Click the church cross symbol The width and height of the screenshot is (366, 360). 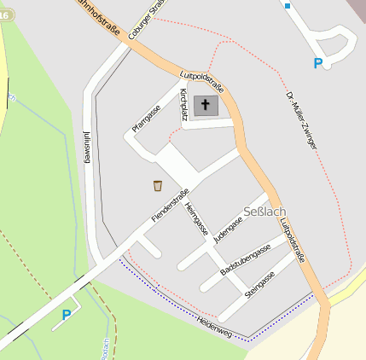point(205,106)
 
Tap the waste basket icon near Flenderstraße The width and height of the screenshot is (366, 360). point(158,185)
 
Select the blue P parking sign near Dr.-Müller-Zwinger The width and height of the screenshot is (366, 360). point(318,63)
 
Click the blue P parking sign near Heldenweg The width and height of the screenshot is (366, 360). point(67,315)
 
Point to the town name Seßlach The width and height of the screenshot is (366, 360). point(264,212)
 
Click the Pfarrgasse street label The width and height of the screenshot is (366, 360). point(146,119)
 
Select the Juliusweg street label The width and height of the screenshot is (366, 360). point(87,148)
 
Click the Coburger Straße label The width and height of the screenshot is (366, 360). point(144,19)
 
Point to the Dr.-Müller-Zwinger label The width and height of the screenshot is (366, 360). point(301,120)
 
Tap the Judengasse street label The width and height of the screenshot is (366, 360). point(229,230)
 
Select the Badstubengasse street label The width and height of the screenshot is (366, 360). point(246,258)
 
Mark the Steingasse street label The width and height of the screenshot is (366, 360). point(259,283)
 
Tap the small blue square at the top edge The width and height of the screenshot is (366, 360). point(288,5)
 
